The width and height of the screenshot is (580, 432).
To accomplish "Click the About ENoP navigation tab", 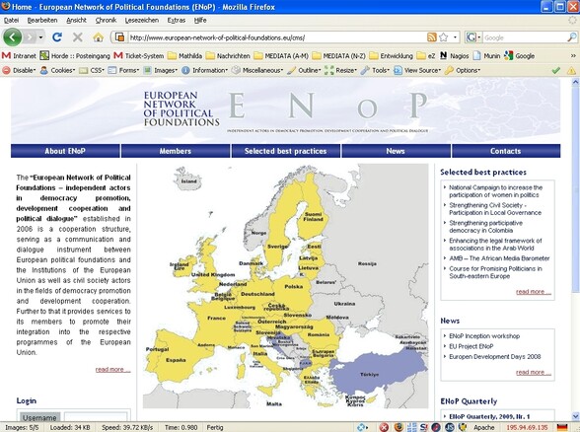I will [x=68, y=151].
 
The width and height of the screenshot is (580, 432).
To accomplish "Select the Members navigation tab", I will [x=175, y=151].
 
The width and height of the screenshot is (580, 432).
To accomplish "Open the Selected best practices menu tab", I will [x=285, y=151].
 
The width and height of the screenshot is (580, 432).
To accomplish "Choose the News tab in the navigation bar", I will [x=396, y=151].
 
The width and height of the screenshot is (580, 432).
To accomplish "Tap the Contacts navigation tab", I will [x=505, y=151].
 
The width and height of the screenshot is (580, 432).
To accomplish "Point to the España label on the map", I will [x=176, y=360].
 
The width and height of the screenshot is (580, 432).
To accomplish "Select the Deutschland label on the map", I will [x=257, y=294].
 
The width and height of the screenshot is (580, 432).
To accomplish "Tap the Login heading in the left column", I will [x=27, y=401].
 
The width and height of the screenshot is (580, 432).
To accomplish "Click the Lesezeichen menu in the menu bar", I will [x=143, y=19].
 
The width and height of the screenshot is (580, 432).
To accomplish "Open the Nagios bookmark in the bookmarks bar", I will [x=458, y=55].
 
